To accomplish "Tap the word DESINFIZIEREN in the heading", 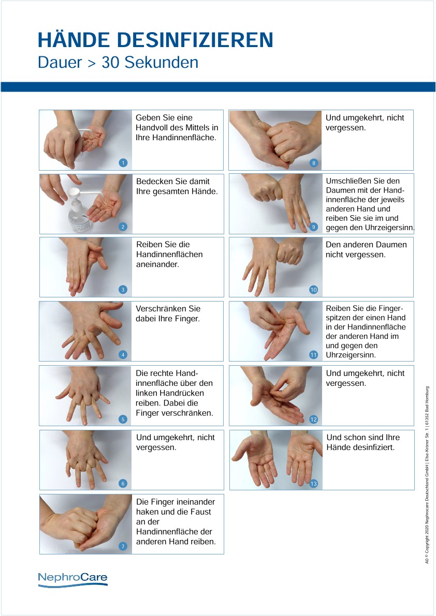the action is [195, 40].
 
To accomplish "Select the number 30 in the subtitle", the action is [110, 63].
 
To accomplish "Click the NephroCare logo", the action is [72, 579].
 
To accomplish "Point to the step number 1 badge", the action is [123, 162].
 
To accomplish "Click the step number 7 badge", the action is [123, 546].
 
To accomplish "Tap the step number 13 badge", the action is [313, 484].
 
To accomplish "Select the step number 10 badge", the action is [313, 290].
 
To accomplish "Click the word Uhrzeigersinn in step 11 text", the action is [351, 355].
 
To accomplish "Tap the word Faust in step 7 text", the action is [201, 512].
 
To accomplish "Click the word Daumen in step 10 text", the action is [391, 244].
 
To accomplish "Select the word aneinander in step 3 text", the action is [157, 264].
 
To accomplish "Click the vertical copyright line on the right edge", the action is [427, 475].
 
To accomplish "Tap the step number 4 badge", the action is [123, 354].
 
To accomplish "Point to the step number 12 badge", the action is [313, 419].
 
